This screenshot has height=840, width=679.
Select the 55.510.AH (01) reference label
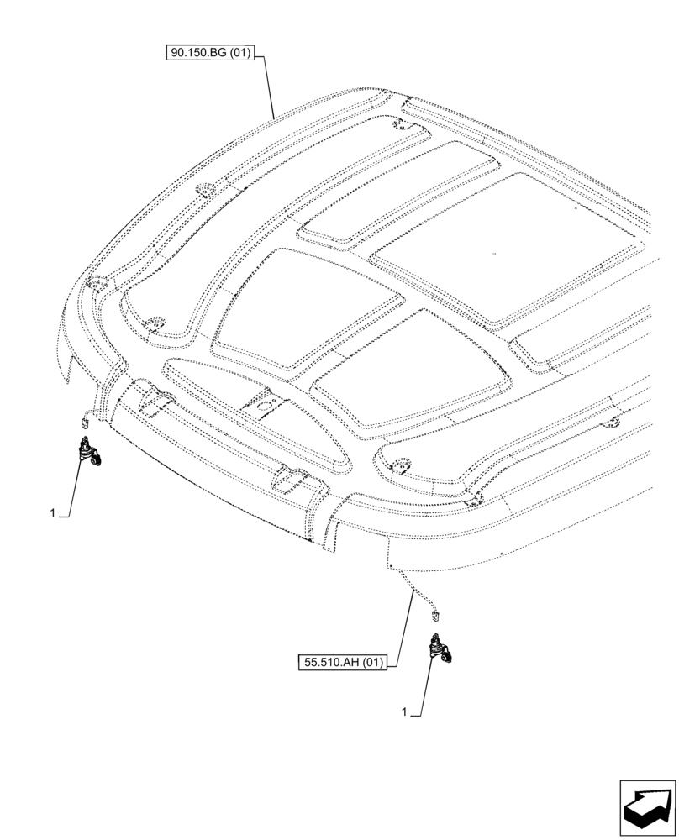[343, 663]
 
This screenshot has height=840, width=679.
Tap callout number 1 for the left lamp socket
[52, 512]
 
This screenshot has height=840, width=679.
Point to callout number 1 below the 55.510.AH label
[404, 712]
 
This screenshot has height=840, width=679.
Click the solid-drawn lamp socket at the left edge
[89, 452]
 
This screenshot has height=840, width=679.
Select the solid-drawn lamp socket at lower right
[440, 648]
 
